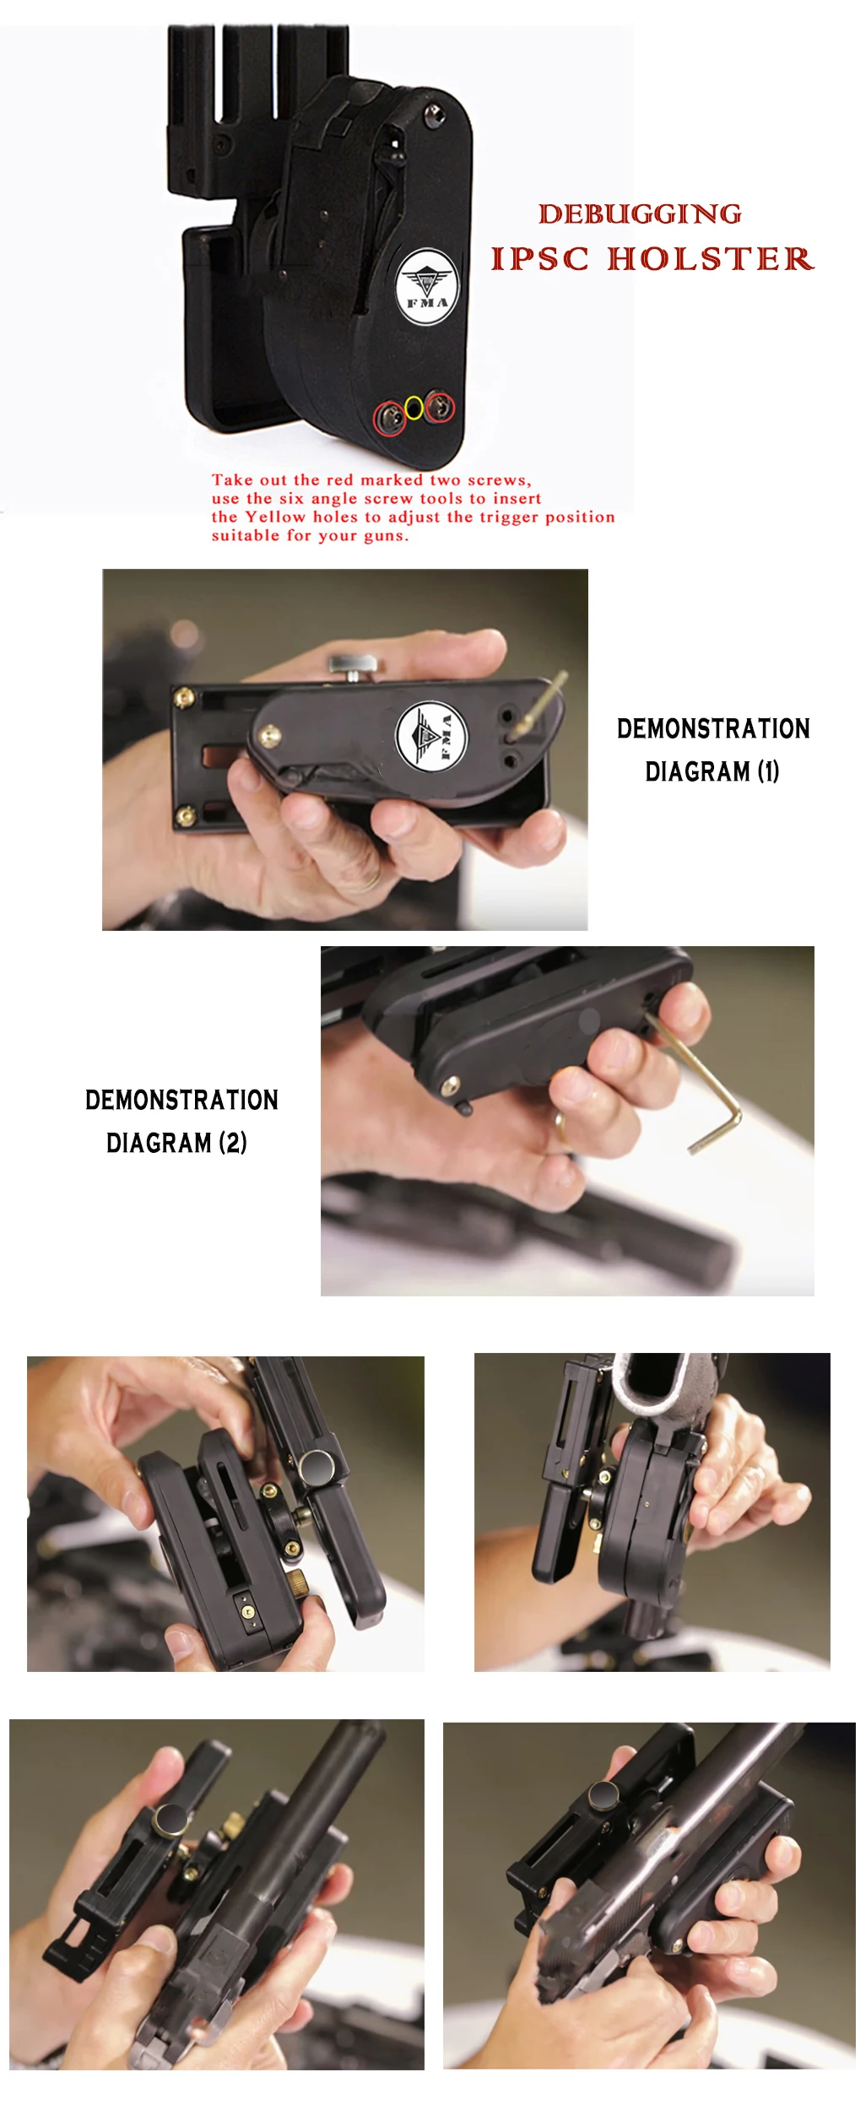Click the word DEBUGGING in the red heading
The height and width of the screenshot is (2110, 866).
641,214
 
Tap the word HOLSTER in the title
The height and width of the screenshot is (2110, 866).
711,259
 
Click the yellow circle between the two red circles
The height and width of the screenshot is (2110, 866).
414,408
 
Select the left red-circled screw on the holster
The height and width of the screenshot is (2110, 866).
390,418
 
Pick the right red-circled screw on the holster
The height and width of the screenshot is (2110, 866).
439,407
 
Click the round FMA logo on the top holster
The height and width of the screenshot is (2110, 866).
427,286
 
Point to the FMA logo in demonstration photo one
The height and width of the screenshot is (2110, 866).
431,735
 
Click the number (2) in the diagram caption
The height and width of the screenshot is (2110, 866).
233,1143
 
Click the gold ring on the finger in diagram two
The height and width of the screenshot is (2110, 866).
560,1127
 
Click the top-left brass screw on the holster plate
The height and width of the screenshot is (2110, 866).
183,698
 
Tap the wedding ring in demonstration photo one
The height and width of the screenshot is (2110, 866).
365,880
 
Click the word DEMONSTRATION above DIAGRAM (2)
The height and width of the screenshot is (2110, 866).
181,1100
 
